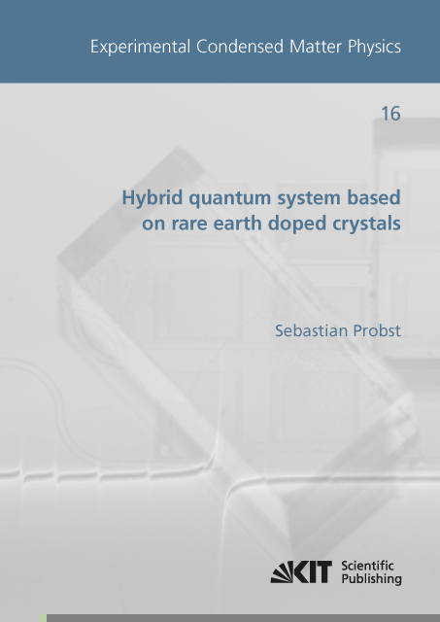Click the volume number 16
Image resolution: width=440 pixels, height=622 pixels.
tap(390, 115)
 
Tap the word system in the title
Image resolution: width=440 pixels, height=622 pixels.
tap(314, 199)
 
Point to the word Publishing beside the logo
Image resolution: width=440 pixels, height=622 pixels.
tap(372, 580)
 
